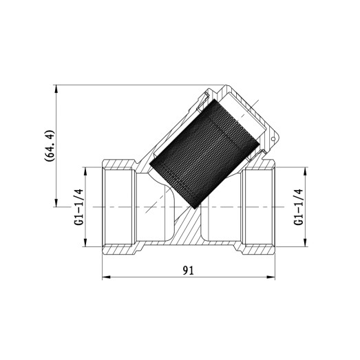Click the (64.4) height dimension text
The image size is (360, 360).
click(x=49, y=144)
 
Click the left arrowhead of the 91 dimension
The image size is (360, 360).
click(x=105, y=279)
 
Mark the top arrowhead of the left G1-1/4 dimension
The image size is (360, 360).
click(x=85, y=169)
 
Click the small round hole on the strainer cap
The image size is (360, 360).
click(x=273, y=142)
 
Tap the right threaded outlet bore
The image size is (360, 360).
click(x=258, y=207)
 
